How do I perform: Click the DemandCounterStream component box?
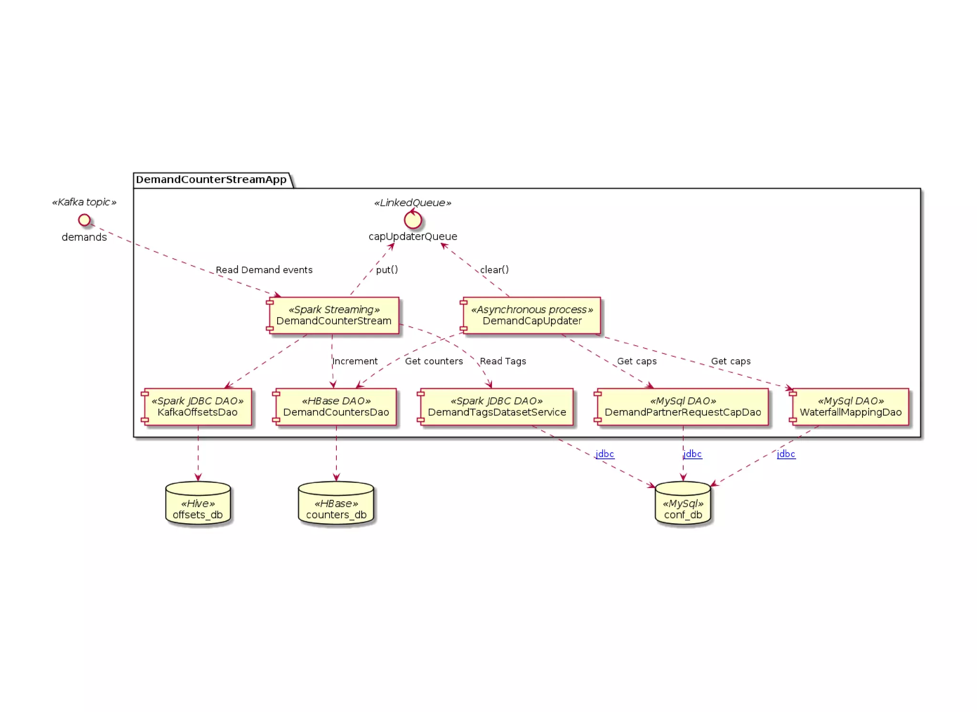point(334,315)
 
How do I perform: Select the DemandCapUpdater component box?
point(532,315)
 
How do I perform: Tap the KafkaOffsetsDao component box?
point(197,407)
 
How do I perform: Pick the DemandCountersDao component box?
point(336,407)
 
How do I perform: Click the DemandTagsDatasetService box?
point(497,407)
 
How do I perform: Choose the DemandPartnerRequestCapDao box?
point(683,407)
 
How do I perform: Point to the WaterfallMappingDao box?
point(851,407)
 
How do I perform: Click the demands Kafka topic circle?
point(84,220)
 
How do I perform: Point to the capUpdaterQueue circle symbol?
point(413,220)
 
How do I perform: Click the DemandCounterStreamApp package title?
point(211,180)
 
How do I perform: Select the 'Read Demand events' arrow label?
point(264,270)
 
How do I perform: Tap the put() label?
point(387,270)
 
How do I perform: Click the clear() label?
point(494,270)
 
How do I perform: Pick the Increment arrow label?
point(355,361)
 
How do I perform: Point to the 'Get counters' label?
point(434,361)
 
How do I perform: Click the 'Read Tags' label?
point(503,361)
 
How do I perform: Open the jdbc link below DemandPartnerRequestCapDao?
point(693,454)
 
